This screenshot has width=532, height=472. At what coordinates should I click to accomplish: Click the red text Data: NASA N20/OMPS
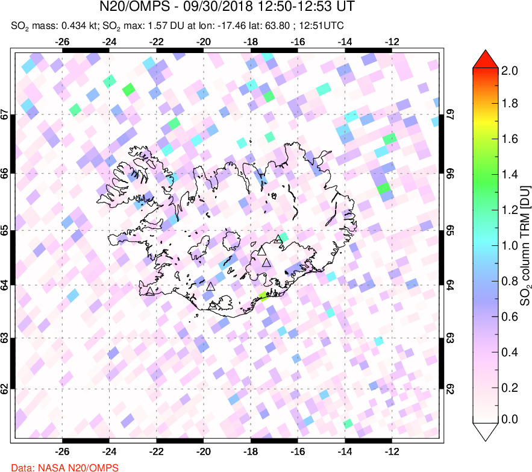(59, 467)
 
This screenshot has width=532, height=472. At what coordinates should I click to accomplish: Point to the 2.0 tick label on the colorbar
(510, 71)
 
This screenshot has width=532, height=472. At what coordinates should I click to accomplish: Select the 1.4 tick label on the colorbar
(510, 175)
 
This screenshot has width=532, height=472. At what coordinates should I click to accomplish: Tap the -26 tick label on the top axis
(61, 43)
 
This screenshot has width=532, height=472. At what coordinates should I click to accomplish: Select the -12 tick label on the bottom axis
(392, 450)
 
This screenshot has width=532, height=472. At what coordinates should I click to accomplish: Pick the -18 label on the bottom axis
(251, 450)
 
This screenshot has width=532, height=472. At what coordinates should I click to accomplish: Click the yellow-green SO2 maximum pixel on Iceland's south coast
(263, 296)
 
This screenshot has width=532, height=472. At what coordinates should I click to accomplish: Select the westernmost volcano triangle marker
(150, 292)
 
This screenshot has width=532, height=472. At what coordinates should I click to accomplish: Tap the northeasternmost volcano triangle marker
(278, 239)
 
